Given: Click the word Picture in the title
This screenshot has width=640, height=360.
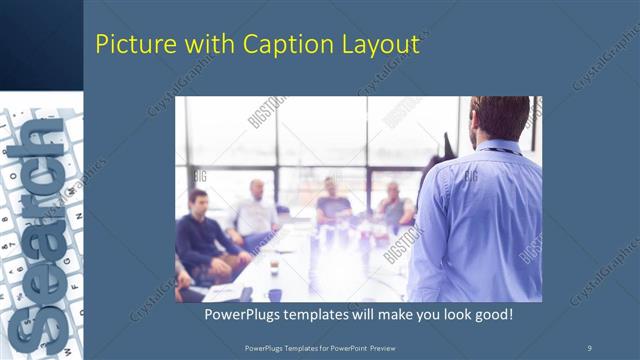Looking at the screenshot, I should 130,45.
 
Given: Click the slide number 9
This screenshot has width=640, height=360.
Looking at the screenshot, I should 589,346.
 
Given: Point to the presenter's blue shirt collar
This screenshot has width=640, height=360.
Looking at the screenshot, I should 497,148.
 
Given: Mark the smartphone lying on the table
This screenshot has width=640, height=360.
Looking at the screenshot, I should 246,293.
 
